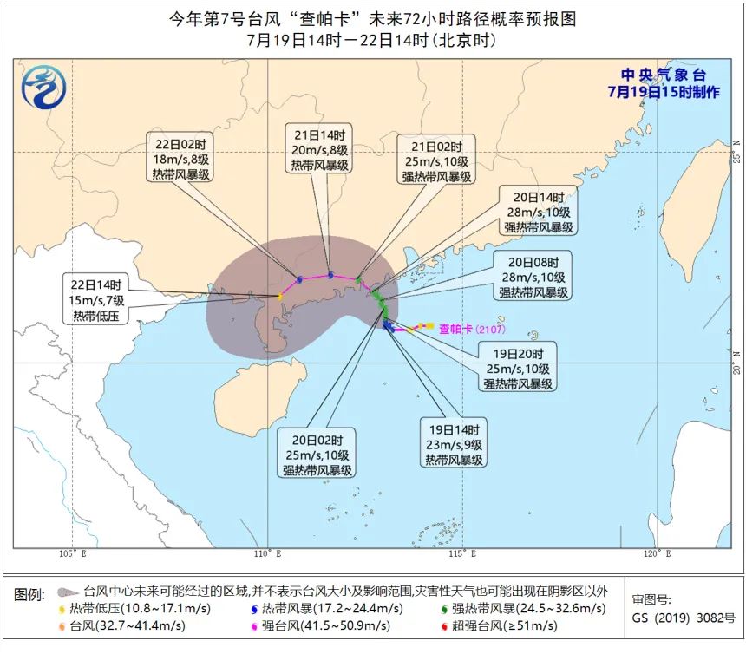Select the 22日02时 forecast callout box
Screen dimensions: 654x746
[180, 159]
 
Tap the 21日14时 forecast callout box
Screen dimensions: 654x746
[320, 150]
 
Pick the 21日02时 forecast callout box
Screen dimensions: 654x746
[436, 160]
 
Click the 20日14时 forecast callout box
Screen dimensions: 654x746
[539, 212]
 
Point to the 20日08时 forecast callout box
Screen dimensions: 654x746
[533, 277]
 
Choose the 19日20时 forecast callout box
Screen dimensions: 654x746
[518, 368]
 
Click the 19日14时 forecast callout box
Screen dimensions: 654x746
[455, 444]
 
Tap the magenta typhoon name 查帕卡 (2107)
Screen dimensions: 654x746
[471, 329]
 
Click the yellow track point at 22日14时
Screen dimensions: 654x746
[279, 297]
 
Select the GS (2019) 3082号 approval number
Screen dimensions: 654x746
[684, 618]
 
